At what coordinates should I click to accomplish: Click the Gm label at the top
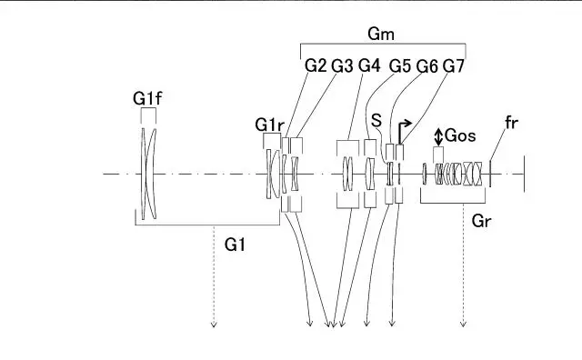point(381,35)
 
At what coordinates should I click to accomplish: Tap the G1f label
point(147,99)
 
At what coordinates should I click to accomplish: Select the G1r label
point(269,125)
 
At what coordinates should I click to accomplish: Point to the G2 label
point(316,66)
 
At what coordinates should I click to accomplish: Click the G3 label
point(342,66)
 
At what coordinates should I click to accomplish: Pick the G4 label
point(369,65)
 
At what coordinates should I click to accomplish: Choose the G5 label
point(400,66)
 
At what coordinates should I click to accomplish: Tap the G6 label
point(426,66)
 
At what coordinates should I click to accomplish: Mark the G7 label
point(454,66)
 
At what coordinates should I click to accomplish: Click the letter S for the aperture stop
point(376,121)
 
